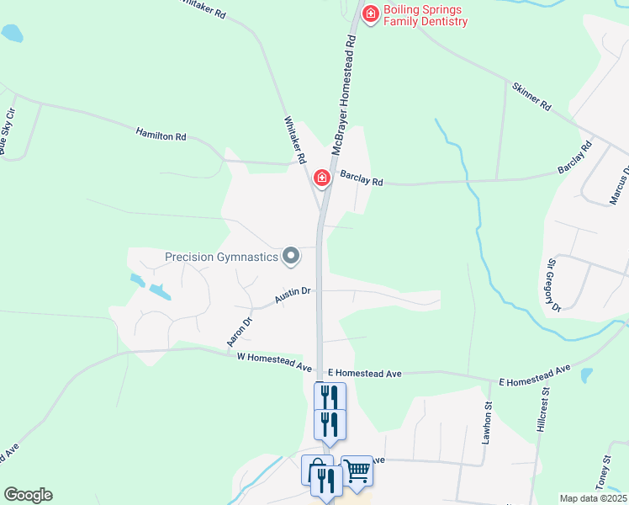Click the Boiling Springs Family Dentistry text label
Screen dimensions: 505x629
[425, 15]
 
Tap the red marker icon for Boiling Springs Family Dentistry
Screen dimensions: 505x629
[369, 13]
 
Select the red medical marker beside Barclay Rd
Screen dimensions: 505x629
[321, 178]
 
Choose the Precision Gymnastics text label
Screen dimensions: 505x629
[221, 257]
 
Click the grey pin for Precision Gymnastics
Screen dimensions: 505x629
[291, 255]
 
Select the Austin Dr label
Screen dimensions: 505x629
[293, 295]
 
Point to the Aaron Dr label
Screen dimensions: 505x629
[240, 332]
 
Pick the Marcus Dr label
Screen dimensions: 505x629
[619, 186]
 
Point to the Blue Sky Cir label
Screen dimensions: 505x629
[8, 131]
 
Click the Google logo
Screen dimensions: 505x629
[28, 495]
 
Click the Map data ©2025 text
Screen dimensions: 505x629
[592, 498]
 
